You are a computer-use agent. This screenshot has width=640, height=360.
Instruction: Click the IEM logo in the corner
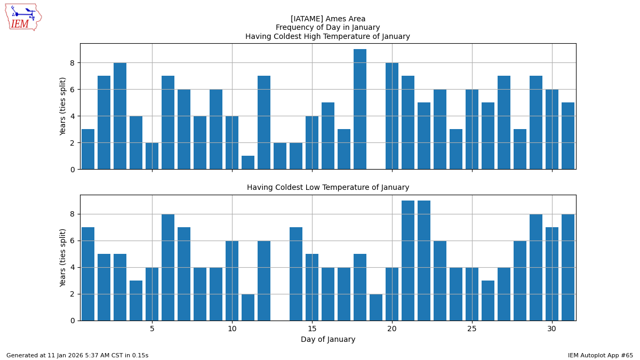[x=23, y=17]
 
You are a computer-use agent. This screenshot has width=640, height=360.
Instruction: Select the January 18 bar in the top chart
[x=360, y=109]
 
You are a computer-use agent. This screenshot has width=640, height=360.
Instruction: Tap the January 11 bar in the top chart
[x=248, y=163]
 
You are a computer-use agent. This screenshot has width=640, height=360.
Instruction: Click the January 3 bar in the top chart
[x=120, y=116]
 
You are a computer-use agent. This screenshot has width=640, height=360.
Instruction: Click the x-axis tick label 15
[x=312, y=329]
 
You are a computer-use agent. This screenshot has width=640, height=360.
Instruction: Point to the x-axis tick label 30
[x=552, y=329]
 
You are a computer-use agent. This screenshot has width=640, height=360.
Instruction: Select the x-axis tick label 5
[x=152, y=329]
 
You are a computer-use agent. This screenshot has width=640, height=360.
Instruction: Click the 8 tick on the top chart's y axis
[x=71, y=63]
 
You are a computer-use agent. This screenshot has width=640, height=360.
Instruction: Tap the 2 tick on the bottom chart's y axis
[x=71, y=294]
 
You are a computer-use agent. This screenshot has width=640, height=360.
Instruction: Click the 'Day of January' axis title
[x=327, y=340]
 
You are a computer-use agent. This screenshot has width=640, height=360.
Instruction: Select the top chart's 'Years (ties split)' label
[x=63, y=106]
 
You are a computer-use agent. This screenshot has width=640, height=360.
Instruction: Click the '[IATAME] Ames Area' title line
[x=327, y=19]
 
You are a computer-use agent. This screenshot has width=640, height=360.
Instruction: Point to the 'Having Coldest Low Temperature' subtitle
[x=327, y=188]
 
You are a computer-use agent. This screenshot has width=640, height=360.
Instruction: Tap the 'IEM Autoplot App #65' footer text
[x=600, y=355]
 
